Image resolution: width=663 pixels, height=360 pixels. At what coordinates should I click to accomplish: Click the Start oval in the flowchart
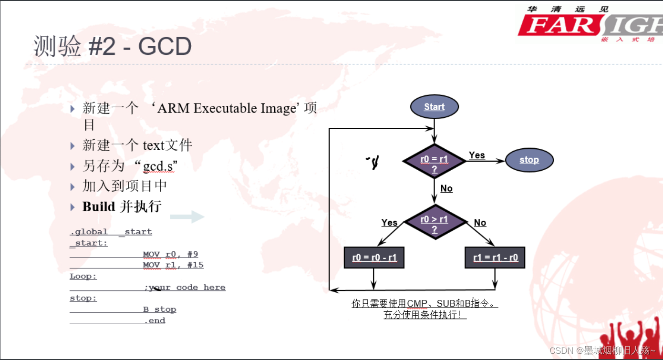(434, 107)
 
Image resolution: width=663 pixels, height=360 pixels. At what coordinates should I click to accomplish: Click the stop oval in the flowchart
(529, 160)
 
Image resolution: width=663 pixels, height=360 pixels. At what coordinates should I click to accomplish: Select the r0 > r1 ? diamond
(434, 222)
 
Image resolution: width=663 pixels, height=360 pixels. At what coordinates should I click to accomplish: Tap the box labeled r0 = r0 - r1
(374, 258)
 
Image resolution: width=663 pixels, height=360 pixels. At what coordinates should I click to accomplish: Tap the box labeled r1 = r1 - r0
(495, 258)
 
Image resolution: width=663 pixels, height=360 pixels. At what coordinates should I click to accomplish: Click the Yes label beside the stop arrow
(477, 155)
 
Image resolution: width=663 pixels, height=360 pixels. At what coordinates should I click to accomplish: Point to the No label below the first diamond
(446, 188)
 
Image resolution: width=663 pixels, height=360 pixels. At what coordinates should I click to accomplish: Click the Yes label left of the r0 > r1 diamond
(389, 223)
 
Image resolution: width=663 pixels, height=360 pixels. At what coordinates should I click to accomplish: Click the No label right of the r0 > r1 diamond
(480, 223)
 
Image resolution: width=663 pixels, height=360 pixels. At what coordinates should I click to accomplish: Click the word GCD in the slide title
(165, 47)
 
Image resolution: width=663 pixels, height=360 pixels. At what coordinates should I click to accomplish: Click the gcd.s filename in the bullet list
(160, 166)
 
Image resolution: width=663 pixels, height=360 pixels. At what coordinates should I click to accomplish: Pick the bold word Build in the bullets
(98, 206)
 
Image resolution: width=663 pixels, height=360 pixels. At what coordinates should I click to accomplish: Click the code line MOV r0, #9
(170, 254)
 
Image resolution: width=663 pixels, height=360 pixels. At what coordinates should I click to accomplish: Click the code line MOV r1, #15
(173, 265)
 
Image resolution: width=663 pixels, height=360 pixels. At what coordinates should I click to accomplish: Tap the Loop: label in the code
(83, 276)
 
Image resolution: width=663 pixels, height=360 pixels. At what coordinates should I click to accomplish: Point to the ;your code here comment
(185, 288)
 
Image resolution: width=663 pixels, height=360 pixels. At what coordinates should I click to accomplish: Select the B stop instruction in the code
(159, 309)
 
